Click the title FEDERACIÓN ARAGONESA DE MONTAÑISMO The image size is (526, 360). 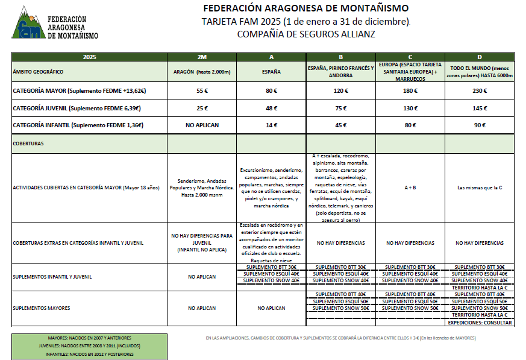pos(306,8)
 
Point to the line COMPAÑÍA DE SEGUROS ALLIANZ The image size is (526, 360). pos(306,34)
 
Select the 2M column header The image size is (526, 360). pos(202,57)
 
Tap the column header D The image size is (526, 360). pos(480,57)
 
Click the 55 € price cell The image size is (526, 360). pos(202,91)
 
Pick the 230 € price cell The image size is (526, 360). pos(480,91)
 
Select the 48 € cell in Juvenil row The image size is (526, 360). pos(271,109)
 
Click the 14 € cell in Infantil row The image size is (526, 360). pos(271,125)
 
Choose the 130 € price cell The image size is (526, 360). pos(410,109)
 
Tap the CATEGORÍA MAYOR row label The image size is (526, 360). pos(80,91)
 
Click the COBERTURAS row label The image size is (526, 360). pos(30,144)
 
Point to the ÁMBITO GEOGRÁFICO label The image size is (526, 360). pos(38,72)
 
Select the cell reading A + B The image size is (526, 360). pos(410,188)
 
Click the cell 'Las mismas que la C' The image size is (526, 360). pos(480,188)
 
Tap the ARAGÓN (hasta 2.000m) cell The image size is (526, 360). pos(202,72)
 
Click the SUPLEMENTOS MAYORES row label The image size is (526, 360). pos(42,308)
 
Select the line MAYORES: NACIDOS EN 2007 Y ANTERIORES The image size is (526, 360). pos(89,338)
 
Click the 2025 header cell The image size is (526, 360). pos(89,57)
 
